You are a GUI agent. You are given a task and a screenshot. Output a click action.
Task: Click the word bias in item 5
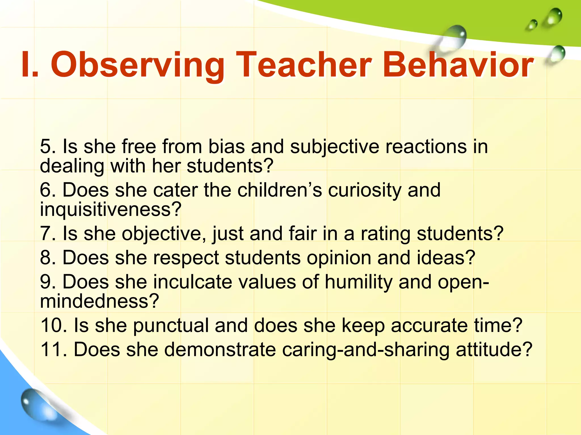[226, 147]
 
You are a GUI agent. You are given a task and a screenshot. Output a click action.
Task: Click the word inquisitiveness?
[110, 210]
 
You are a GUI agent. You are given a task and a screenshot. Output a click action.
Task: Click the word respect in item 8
[186, 258]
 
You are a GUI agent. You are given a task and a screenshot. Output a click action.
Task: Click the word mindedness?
[99, 301]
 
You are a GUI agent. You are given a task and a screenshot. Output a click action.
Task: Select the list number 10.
[54, 325]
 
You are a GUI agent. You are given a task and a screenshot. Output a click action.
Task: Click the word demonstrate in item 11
[220, 349]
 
